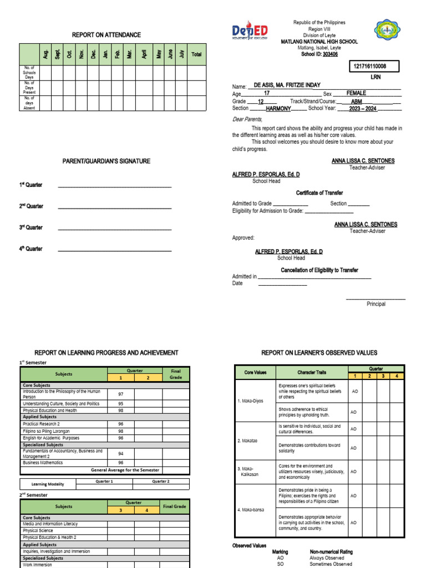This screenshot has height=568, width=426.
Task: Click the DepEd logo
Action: click(x=250, y=31)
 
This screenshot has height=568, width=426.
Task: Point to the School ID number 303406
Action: click(x=329, y=54)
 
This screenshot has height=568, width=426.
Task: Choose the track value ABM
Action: click(x=357, y=102)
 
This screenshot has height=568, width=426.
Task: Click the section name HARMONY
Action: click(x=278, y=109)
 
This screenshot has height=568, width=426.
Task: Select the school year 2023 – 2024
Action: click(x=359, y=109)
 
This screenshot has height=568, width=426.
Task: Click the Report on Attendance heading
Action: click(x=106, y=35)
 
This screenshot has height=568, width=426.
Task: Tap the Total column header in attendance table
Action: click(x=196, y=54)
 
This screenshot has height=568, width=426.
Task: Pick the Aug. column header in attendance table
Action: click(x=45, y=54)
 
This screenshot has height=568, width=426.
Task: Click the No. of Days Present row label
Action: click(x=29, y=88)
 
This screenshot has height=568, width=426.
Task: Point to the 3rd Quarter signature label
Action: click(x=31, y=227)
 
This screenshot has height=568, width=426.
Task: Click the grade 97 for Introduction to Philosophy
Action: click(x=120, y=393)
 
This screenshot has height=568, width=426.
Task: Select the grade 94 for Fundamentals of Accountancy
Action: click(x=120, y=453)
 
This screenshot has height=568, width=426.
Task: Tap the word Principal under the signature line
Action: click(x=376, y=304)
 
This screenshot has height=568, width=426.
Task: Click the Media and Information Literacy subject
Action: click(x=50, y=524)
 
